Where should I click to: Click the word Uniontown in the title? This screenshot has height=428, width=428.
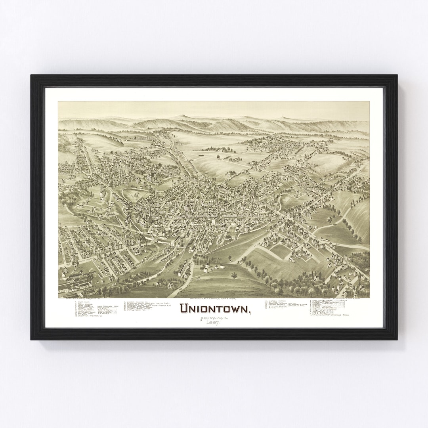click(214, 308)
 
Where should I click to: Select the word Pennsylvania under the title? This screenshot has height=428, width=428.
click(209, 317)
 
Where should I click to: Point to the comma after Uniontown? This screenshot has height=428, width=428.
click(250, 312)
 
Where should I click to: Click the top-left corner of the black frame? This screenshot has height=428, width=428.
click(32, 76)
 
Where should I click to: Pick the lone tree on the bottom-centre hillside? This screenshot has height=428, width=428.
click(234, 275)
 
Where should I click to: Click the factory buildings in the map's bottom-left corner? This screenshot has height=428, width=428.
click(75, 282)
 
